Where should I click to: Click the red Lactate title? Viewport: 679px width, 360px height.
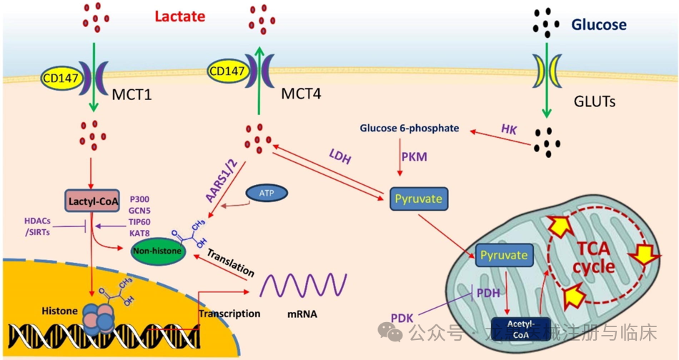tap(181, 16)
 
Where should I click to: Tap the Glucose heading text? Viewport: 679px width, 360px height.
tap(598, 25)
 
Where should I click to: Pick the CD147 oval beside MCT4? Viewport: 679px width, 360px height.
tap(227, 70)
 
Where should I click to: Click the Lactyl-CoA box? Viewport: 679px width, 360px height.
tap(94, 200)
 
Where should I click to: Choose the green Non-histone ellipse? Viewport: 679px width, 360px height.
tap(157, 251)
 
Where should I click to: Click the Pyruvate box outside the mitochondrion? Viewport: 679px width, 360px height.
tap(419, 198)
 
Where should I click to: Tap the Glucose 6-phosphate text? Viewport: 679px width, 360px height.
tap(410, 129)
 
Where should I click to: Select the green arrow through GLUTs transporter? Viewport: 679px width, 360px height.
tap(546, 79)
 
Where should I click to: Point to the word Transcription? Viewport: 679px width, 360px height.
tap(229, 314)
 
